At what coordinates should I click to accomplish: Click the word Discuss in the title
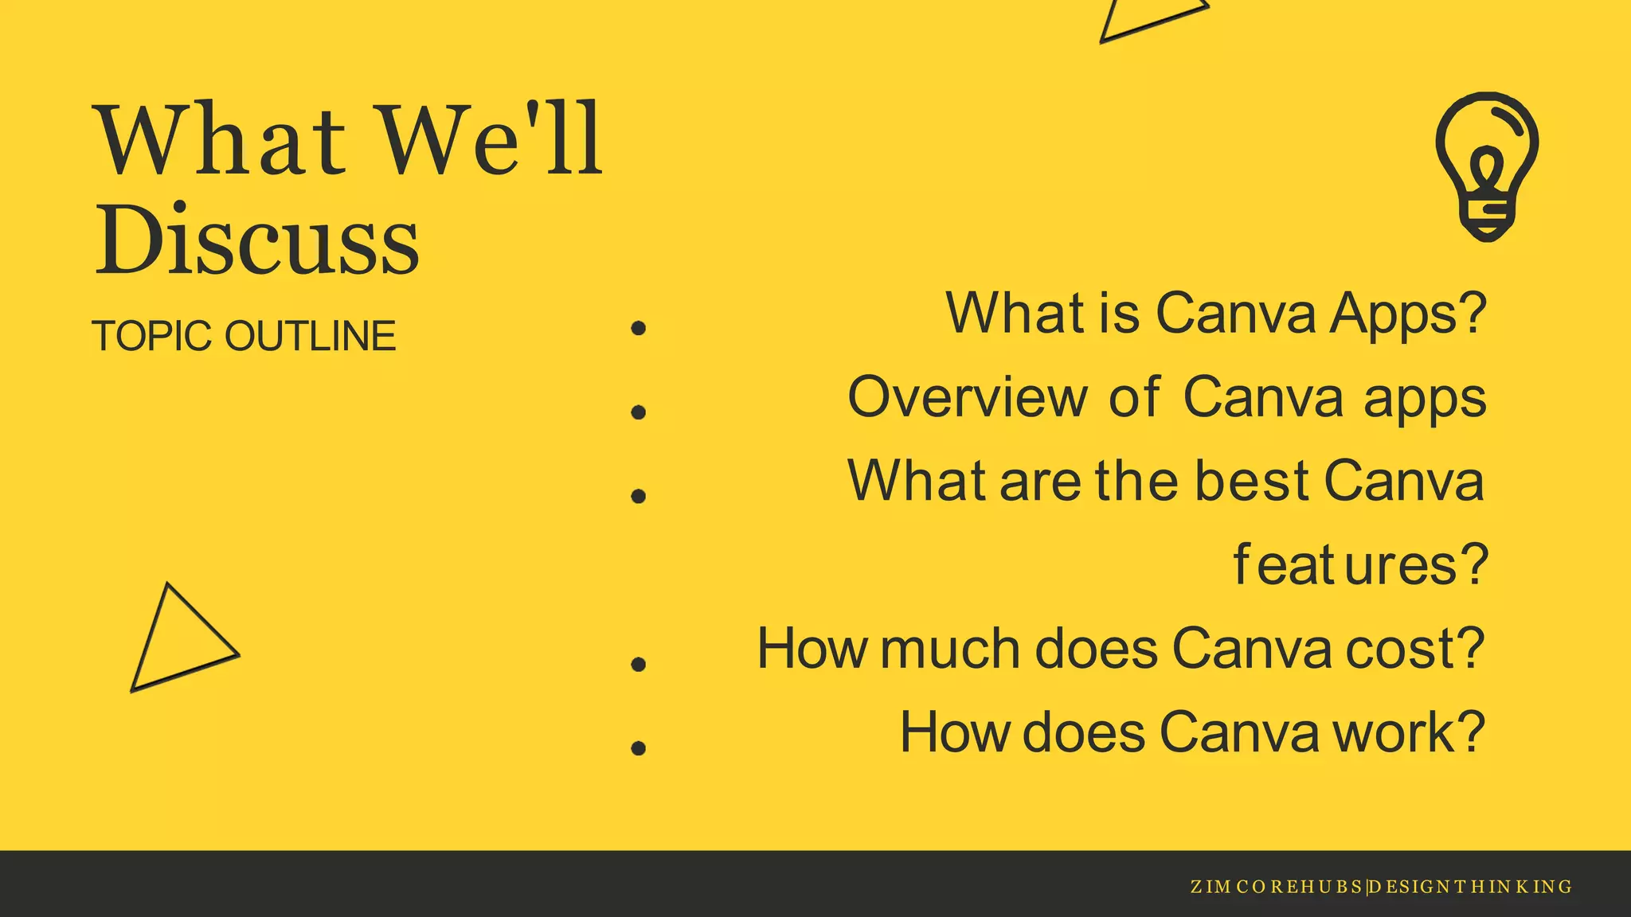[x=256, y=239]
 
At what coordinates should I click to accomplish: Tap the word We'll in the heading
[x=490, y=140]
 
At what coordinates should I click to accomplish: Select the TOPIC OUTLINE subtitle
[x=244, y=336]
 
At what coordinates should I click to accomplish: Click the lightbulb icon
[x=1486, y=166]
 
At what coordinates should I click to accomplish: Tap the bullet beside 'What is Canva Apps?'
[x=638, y=328]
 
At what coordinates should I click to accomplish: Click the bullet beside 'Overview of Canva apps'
[x=638, y=412]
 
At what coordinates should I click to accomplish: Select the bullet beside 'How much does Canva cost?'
[x=638, y=663]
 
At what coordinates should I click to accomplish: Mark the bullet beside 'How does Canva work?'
[x=638, y=747]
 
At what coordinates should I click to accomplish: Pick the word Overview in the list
[x=967, y=396]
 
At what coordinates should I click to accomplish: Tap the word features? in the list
[x=1360, y=565]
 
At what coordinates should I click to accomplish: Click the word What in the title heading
[x=221, y=140]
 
